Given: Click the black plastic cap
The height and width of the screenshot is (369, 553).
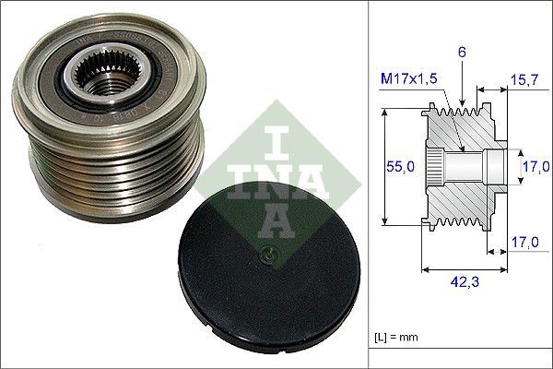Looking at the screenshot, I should [x=267, y=277].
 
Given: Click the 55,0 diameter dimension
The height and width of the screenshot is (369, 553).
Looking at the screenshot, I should [x=397, y=166].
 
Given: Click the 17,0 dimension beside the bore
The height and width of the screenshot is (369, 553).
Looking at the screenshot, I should [x=538, y=168].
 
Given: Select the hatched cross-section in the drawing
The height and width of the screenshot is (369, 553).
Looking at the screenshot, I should [x=461, y=198].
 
